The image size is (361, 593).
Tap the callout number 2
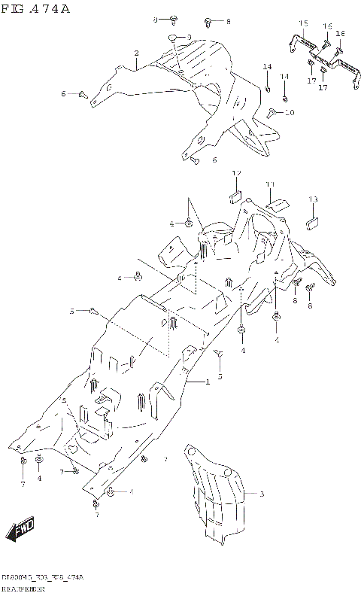click(137, 53)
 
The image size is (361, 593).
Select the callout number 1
click(208, 382)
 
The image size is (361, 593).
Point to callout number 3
click(262, 494)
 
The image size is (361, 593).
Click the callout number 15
click(303, 24)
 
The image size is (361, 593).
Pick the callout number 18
click(340, 34)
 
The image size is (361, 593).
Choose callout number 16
click(327, 26)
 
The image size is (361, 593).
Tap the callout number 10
click(290, 113)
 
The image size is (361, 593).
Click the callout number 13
click(313, 199)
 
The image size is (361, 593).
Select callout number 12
click(235, 174)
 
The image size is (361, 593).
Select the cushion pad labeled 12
click(235, 198)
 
